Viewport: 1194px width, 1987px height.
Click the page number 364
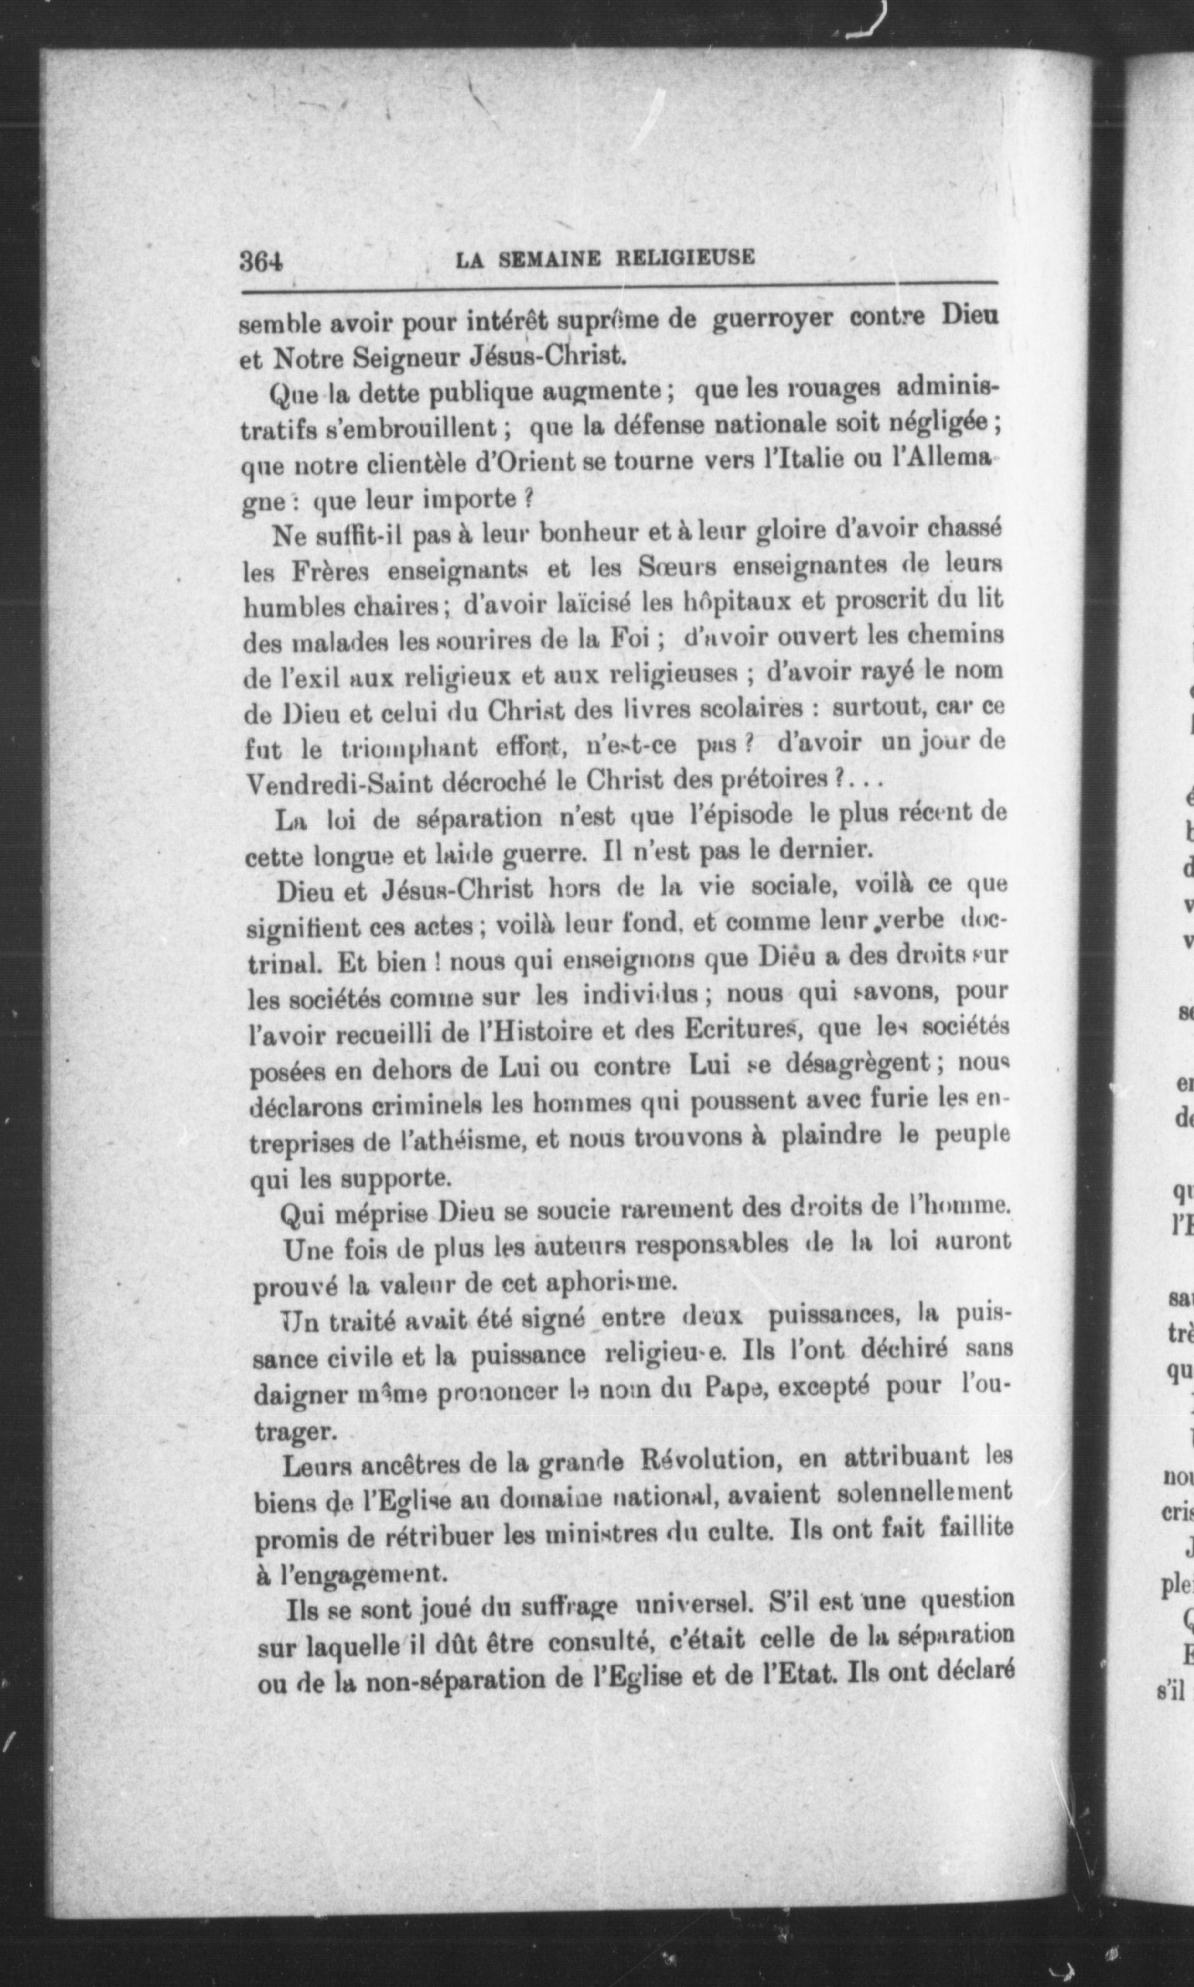click(263, 261)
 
